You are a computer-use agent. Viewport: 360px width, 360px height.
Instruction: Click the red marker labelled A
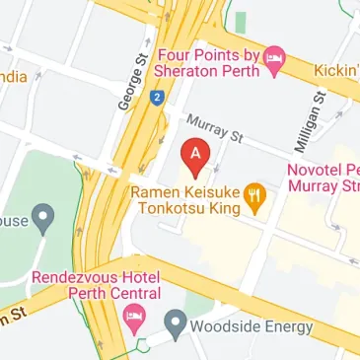(x=195, y=155)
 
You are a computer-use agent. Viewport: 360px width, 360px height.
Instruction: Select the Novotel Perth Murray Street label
(x=324, y=178)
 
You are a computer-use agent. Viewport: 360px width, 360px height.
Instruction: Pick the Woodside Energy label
(x=252, y=326)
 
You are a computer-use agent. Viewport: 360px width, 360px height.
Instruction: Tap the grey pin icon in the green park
(x=42, y=214)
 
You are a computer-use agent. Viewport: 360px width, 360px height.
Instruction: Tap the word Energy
(x=287, y=326)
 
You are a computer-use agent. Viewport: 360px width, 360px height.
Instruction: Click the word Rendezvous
(x=75, y=277)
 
